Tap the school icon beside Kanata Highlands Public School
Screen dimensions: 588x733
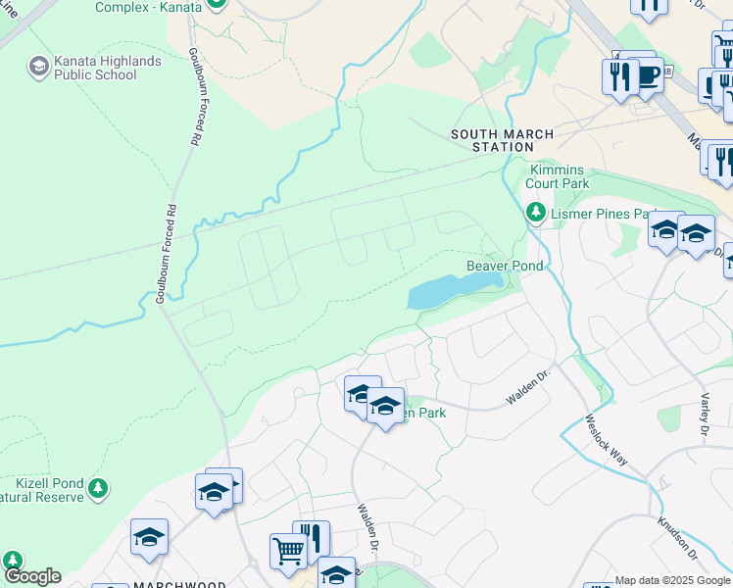tap(39, 67)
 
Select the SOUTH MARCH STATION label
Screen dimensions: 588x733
tap(503, 140)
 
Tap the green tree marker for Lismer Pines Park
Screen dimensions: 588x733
tap(535, 212)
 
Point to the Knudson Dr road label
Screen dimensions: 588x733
tap(676, 539)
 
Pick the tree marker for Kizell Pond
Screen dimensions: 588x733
tap(97, 487)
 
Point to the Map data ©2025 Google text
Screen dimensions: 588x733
tap(672, 580)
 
